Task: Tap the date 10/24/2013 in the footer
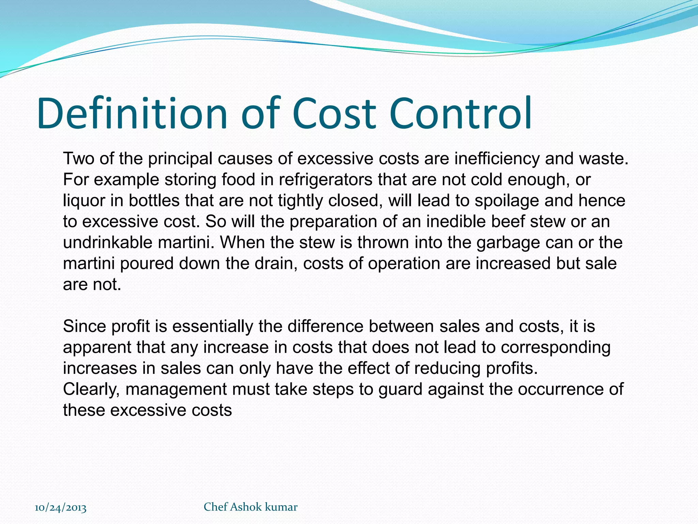click(61, 507)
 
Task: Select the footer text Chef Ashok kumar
click(251, 507)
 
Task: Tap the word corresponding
click(556, 347)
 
